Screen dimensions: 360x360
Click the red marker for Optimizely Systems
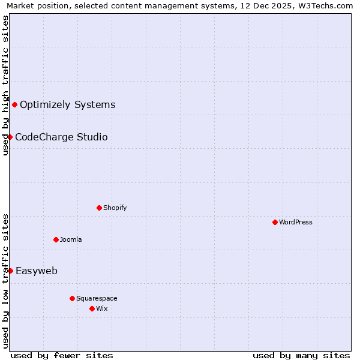pos(14,104)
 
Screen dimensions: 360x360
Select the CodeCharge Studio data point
pos(10,137)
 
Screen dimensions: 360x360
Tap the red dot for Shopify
pos(99,208)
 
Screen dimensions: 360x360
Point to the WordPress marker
pos(275,222)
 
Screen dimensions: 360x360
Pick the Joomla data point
pos(56,239)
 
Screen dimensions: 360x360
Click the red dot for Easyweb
pos(10,271)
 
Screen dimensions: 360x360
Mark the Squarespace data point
pos(72,298)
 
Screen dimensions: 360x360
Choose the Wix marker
pos(92,308)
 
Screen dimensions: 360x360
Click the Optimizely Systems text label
pos(67,104)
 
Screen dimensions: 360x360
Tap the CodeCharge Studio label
pos(61,137)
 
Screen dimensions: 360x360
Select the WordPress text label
pos(296,222)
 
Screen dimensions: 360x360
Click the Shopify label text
pos(115,208)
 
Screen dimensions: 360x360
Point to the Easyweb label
pos(37,271)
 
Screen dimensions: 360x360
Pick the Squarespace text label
pos(97,298)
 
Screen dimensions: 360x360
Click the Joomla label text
pos(71,239)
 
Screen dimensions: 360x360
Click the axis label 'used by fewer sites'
pos(62,355)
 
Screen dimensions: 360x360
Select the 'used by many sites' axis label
pos(301,355)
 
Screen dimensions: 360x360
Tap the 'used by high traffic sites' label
pos(5,85)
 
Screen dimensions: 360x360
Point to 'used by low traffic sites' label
pos(5,281)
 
